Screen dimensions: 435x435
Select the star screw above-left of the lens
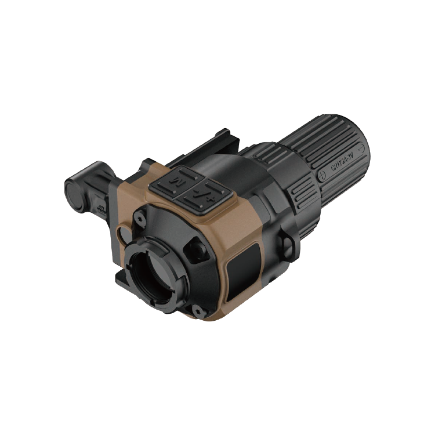(140, 219)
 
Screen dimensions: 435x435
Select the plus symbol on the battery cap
(322, 173)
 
